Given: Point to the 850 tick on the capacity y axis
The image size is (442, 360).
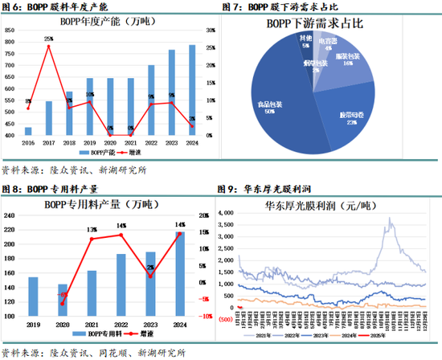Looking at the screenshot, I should pyautogui.click(x=10, y=29).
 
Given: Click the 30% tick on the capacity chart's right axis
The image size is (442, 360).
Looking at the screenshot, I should pyautogui.click(x=209, y=29).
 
